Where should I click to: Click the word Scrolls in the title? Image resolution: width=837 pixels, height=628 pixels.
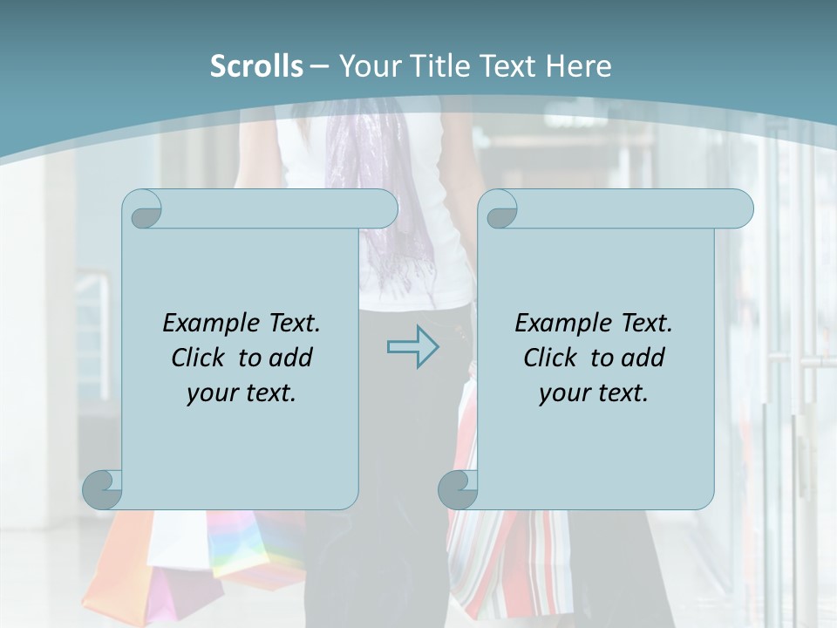256,66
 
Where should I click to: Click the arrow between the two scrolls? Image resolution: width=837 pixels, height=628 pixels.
412,347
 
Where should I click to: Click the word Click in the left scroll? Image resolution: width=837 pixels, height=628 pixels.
199,358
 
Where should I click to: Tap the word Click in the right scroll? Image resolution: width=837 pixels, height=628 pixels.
551,358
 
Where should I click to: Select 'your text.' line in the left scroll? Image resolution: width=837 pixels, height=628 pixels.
242,393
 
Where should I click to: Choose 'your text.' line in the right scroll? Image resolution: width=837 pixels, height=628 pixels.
594,393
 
